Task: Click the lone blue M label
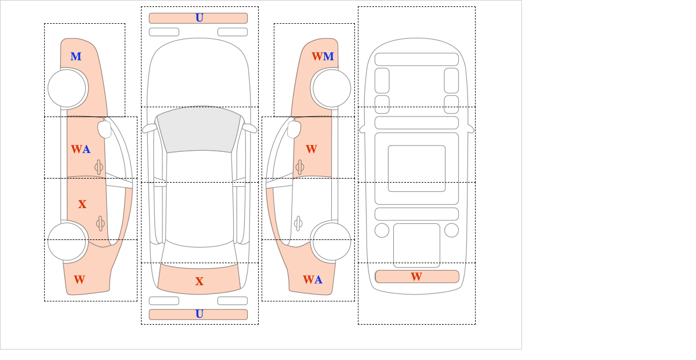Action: pos(76,57)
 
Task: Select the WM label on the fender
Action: pos(322,57)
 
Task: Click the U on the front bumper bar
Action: pos(200,18)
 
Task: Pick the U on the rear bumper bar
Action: pos(200,314)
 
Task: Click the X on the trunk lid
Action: pos(200,281)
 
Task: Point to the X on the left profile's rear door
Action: pos(82,204)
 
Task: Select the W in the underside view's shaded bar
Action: pos(416,277)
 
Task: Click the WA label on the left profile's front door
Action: pos(81,149)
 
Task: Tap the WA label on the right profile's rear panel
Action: pos(313,279)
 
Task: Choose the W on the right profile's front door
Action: pos(311,149)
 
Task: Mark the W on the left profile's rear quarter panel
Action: pos(79,279)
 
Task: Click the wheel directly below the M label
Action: pos(67,88)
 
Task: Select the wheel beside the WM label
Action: pos(332,88)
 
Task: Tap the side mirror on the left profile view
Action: pos(104,129)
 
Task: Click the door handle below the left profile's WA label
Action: pos(99,167)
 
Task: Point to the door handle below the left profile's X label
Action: pos(100,223)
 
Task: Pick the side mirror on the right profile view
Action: pos(294,129)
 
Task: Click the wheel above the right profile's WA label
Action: pos(332,241)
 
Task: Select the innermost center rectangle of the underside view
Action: pos(416,168)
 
